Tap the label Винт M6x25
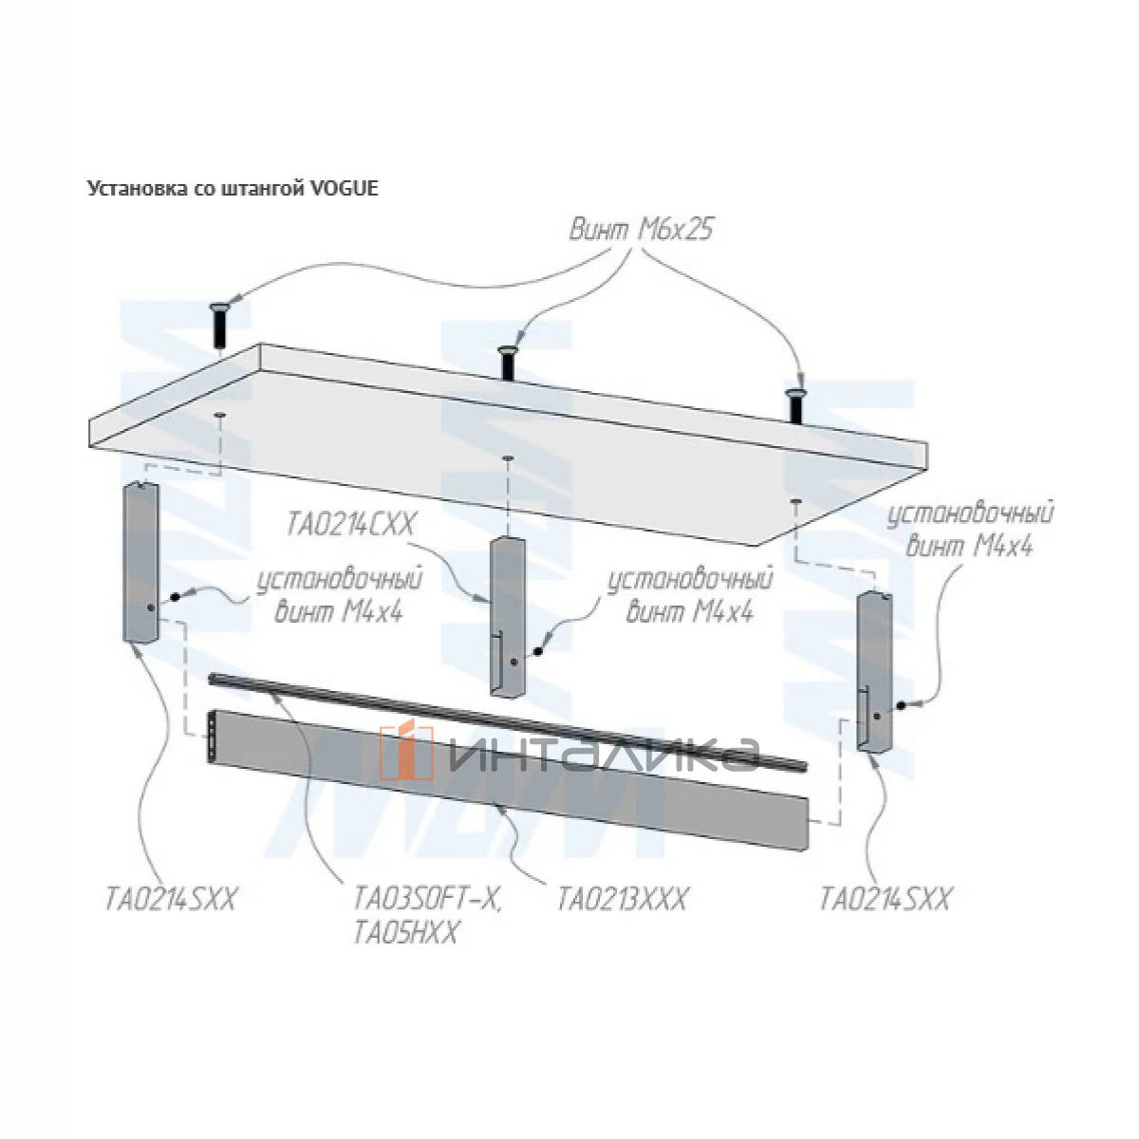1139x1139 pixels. pos(640,230)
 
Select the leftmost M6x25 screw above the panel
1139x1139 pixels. pos(219,327)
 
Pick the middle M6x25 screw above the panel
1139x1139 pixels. pos(507,363)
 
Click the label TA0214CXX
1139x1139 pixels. pos(350,525)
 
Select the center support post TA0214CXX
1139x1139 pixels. pos(507,618)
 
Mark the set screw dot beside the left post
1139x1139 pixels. pos(175,598)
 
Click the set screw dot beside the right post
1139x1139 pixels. pos(902,705)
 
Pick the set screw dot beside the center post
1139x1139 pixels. pos(538,651)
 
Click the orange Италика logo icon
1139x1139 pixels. pos(406,751)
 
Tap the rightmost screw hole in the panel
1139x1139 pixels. pos(795,501)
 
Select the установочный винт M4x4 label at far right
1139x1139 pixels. pos(971,531)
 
